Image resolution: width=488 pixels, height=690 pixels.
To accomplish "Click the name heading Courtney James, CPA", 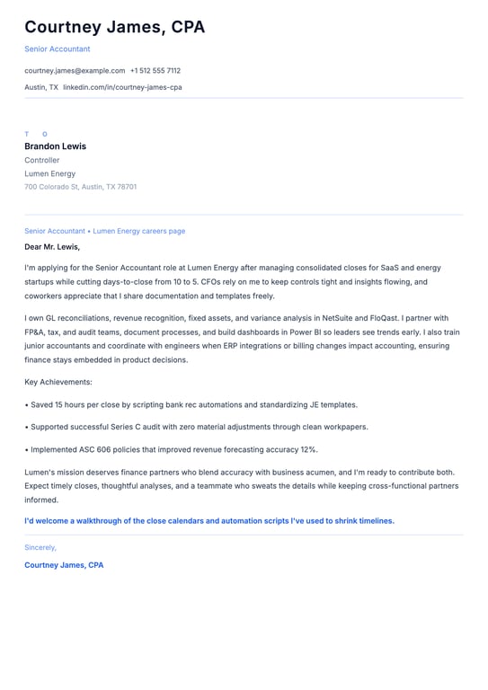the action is (114, 27).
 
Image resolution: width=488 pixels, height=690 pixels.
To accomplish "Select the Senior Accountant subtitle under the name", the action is (57, 49).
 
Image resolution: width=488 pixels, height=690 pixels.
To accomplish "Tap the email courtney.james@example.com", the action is (75, 70).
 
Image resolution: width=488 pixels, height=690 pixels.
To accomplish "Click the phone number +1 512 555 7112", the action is (155, 70).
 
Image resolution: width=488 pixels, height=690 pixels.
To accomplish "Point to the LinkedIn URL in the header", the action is (122, 87).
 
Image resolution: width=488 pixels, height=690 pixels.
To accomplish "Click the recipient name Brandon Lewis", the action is (55, 146).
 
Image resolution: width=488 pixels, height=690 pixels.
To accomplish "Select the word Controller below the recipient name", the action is (42, 160).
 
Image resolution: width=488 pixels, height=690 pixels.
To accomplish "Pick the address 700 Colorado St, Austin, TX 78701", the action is (80, 187).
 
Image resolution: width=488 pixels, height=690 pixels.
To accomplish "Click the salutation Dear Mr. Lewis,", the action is (52, 246).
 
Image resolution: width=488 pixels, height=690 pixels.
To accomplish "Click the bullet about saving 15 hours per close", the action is (191, 404).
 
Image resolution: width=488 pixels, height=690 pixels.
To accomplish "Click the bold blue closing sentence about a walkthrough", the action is (209, 520).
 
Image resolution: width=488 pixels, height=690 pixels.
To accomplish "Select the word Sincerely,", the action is (40, 547).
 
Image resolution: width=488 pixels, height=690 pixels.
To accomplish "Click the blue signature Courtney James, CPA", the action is (64, 565).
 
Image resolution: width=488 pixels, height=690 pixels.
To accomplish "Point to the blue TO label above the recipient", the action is (36, 134).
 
